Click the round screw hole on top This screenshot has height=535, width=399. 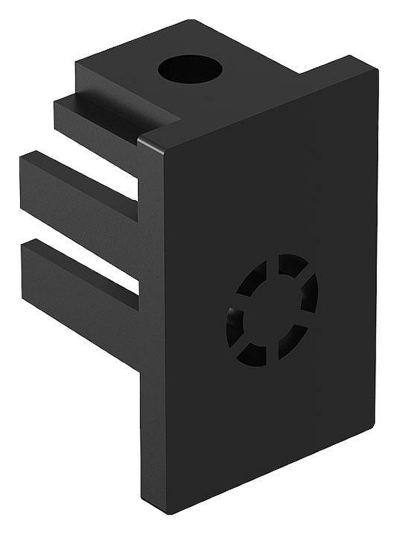[189, 68]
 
